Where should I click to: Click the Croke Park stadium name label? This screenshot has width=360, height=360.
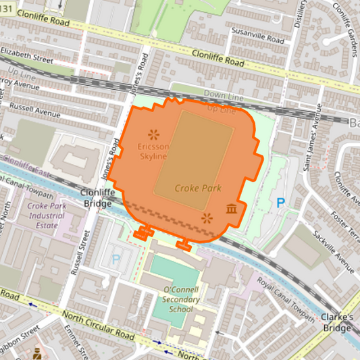pyautogui.click(x=198, y=188)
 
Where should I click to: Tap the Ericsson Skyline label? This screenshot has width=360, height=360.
pyautogui.click(x=153, y=151)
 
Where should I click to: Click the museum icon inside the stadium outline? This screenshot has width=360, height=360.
pyautogui.click(x=232, y=210)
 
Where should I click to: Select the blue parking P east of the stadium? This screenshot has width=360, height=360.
pyautogui.click(x=281, y=202)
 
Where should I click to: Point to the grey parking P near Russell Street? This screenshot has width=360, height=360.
pyautogui.click(x=115, y=258)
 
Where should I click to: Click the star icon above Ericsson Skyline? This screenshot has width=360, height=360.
pyautogui.click(x=153, y=133)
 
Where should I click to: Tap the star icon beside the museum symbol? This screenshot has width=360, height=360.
pyautogui.click(x=207, y=217)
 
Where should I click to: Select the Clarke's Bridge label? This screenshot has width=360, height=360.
pyautogui.click(x=337, y=322)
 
